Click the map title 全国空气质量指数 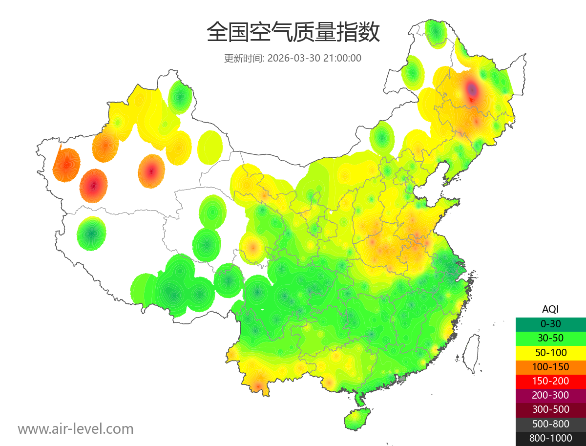[x=293, y=33]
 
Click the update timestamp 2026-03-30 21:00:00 [x=314, y=58]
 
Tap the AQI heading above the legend [x=550, y=309]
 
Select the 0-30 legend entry [x=550, y=323]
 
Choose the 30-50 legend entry [x=550, y=338]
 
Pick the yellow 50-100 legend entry [x=550, y=352]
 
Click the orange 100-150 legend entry [x=550, y=366]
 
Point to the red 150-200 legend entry [x=550, y=381]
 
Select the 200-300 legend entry [x=550, y=395]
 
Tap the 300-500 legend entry [x=550, y=409]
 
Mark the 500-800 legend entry [x=550, y=424]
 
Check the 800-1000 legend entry [x=550, y=438]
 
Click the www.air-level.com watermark [x=76, y=429]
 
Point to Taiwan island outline [x=471, y=354]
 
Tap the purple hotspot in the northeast [x=472, y=89]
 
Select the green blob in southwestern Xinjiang [x=91, y=234]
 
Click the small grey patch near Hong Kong [x=402, y=379]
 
